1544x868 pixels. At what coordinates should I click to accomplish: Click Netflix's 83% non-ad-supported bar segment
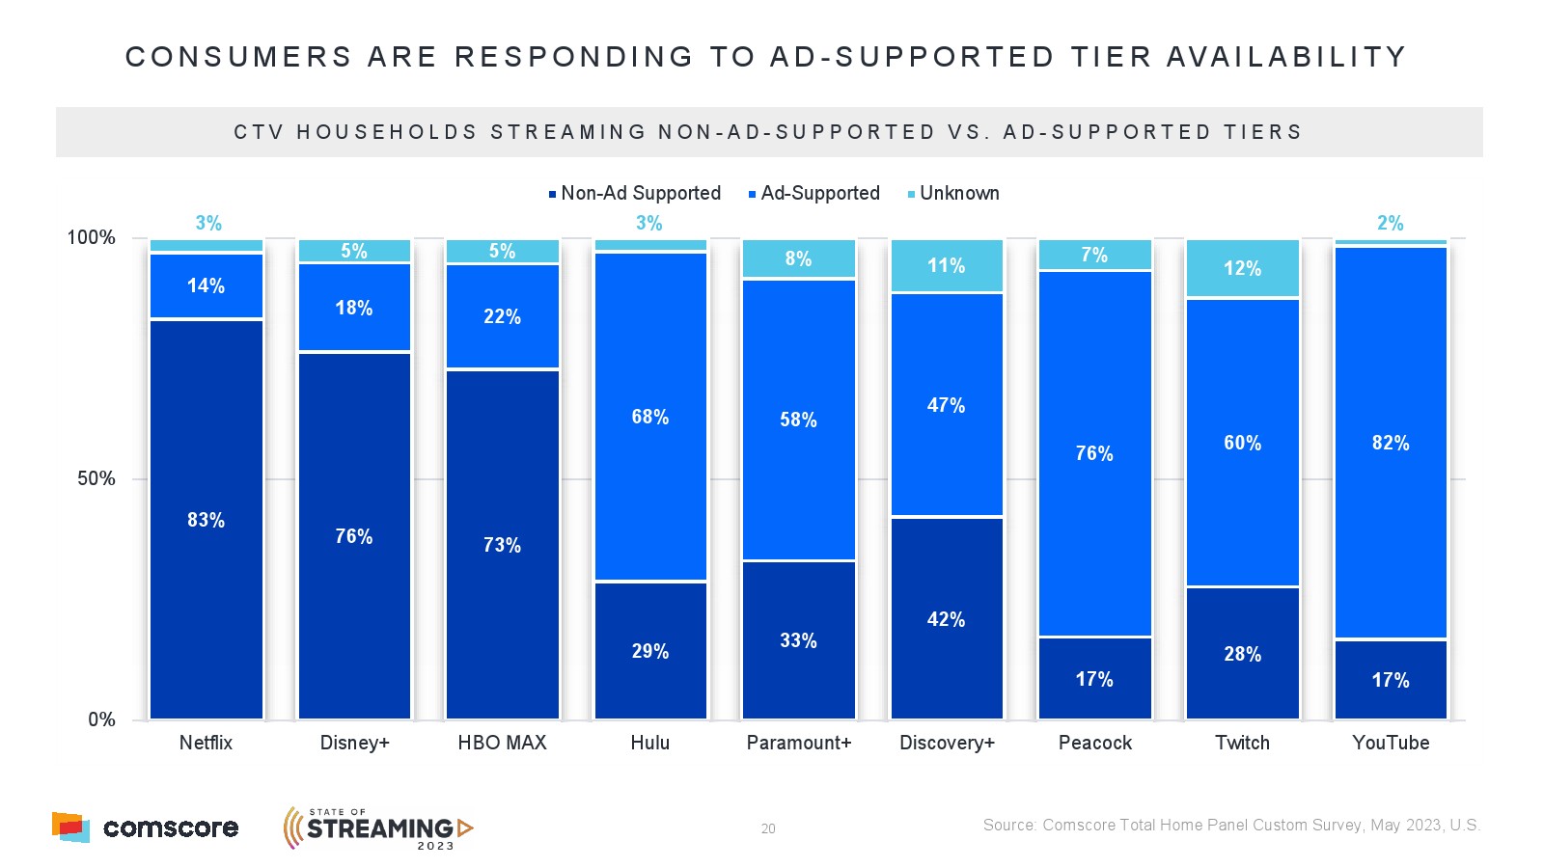tap(207, 519)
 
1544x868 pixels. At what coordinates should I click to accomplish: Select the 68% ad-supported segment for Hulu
tap(650, 417)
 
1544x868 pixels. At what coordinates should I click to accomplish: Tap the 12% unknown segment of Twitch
tap(1242, 268)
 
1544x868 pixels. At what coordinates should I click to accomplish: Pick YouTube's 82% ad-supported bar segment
tap(1391, 443)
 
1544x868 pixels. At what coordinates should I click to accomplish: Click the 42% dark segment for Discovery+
tap(946, 618)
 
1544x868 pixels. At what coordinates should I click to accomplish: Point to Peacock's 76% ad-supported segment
tap(1094, 453)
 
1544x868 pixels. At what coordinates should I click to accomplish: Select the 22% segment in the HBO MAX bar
tap(502, 316)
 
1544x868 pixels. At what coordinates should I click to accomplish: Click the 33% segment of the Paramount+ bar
tap(798, 639)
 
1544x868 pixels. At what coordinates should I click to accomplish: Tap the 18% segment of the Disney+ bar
tap(354, 308)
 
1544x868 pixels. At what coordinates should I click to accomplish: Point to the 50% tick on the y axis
tap(96, 479)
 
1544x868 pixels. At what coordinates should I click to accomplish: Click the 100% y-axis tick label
tap(91, 238)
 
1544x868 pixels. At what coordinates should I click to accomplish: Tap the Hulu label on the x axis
tap(650, 743)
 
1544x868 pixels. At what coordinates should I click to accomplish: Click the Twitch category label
tap(1242, 743)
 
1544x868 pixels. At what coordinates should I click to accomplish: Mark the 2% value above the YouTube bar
tap(1390, 223)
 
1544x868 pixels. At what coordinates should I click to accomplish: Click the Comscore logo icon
tap(70, 827)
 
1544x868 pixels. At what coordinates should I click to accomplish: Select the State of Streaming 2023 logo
tap(378, 828)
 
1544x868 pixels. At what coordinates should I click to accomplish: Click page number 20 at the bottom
tap(768, 828)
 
